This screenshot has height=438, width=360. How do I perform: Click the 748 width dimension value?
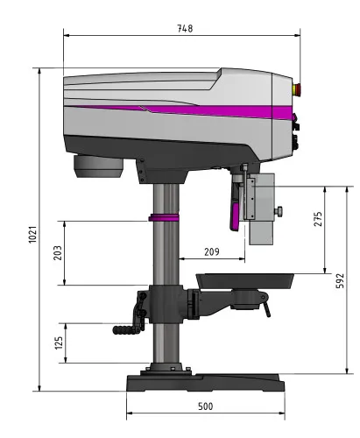coord(185,28)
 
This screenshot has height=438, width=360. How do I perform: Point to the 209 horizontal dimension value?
coord(210,251)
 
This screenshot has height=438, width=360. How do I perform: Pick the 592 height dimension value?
coord(341,279)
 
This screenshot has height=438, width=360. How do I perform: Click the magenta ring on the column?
coord(164,216)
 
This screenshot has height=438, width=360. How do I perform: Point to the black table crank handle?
coord(130,326)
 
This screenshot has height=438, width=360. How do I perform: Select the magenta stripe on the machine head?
coord(201,109)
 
